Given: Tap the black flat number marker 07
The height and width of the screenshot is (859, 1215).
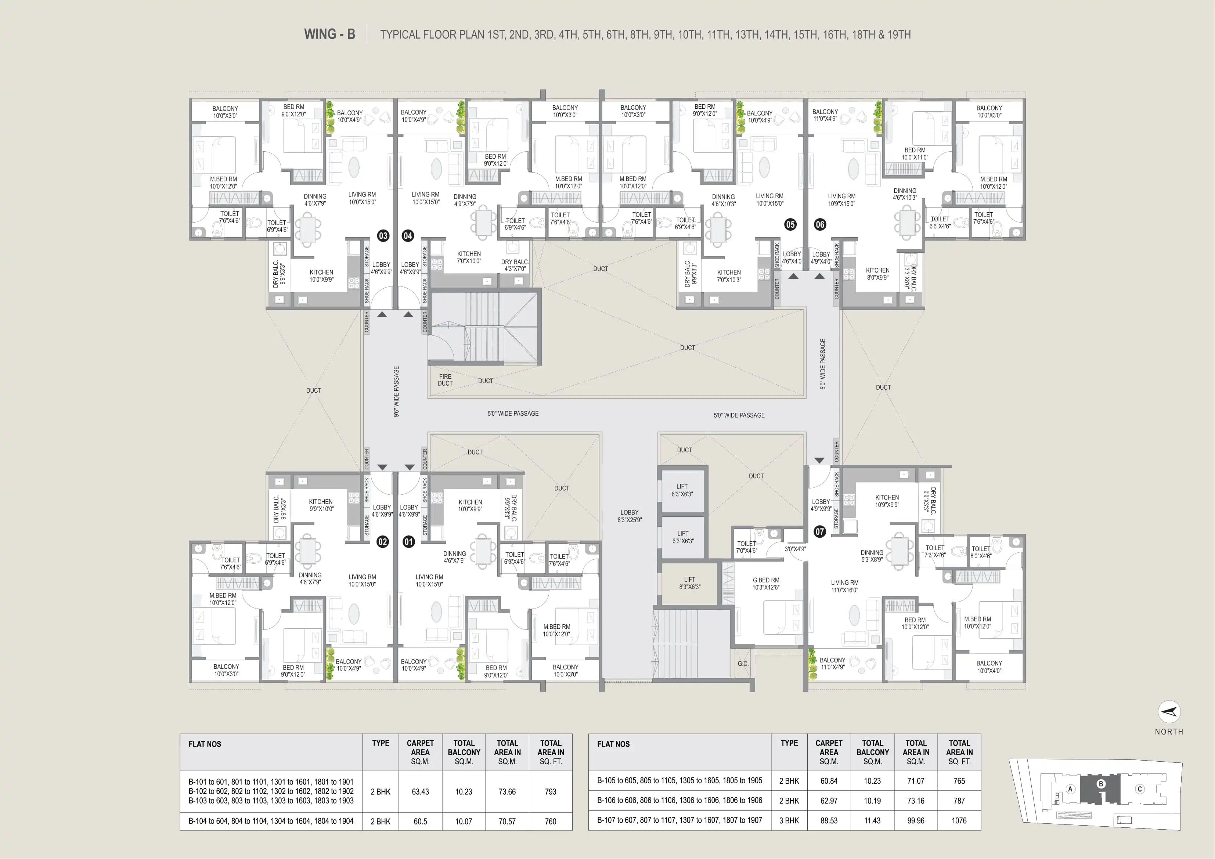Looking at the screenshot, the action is tap(820, 531).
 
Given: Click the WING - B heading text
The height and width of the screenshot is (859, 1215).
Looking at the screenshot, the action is tap(329, 35).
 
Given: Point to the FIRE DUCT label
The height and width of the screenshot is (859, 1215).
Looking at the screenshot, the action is tap(445, 380).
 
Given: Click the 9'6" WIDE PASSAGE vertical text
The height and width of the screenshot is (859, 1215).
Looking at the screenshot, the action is tap(396, 391).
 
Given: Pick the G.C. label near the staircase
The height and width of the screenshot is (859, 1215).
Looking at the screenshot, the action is tap(743, 664).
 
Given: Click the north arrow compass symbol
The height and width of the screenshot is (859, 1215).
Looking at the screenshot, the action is tap(1169, 712).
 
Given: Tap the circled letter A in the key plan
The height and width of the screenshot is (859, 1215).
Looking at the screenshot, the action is tap(1070, 789).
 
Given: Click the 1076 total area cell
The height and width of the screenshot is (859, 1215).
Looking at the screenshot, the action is tap(959, 820).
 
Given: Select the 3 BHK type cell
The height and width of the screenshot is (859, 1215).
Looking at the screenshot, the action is tap(789, 820).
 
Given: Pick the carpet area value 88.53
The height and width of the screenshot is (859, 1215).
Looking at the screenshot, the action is tap(829, 820).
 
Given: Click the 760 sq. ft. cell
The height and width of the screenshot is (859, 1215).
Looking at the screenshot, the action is tap(550, 822).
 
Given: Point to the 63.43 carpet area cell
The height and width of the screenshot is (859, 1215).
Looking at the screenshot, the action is tap(420, 792).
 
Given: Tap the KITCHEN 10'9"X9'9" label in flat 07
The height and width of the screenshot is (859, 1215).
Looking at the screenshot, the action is tap(887, 501).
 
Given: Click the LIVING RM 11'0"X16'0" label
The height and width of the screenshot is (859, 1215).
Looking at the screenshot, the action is tap(844, 586).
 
